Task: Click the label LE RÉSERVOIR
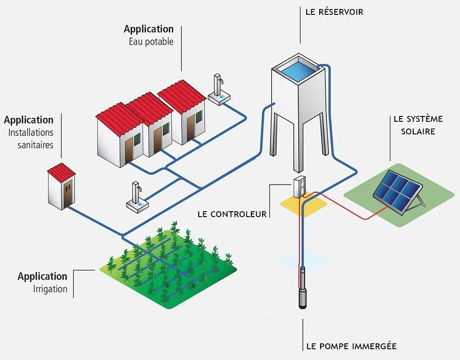coord(334,12)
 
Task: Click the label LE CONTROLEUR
coord(232,214)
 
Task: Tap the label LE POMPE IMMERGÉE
coord(351,346)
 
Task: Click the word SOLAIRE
coord(418,132)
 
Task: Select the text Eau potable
coord(151,42)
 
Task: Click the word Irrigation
coord(50,289)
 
